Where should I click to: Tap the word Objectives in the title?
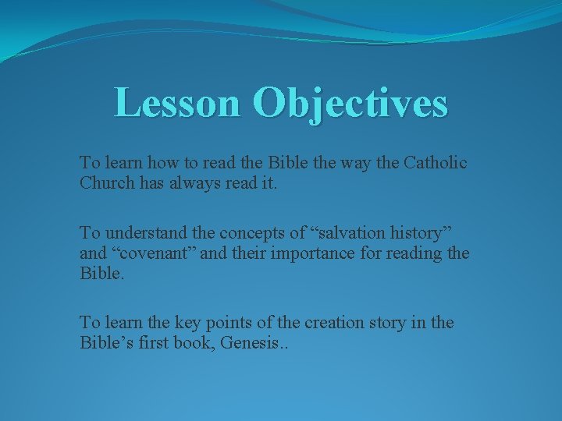tap(350, 103)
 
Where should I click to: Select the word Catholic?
tap(434, 163)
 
